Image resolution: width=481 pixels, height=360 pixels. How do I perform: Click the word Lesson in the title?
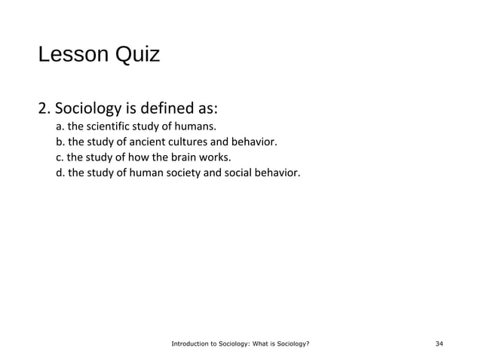tap(72, 56)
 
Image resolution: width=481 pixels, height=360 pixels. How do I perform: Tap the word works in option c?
tap(214, 157)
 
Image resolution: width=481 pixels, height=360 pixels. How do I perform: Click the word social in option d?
tap(246, 174)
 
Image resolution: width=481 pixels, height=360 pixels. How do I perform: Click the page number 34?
tap(440, 344)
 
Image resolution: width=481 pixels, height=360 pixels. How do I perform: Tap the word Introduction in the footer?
tap(189, 344)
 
